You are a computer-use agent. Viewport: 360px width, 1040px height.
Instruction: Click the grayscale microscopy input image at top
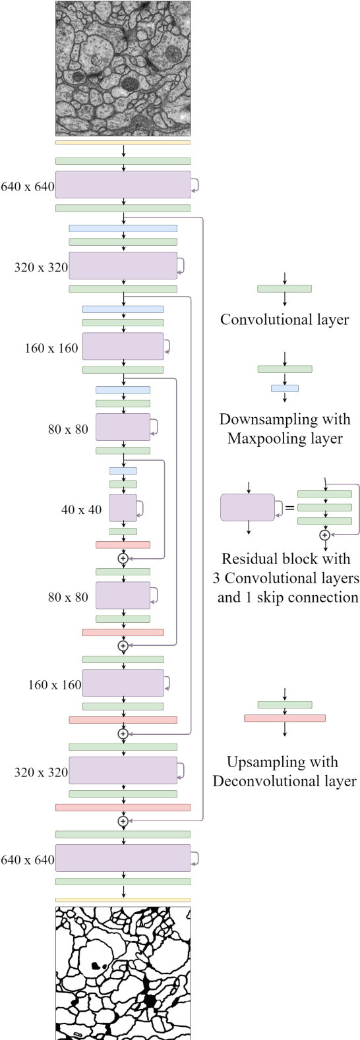[x=123, y=69]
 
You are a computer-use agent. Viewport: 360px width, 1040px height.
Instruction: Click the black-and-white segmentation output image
[x=123, y=973]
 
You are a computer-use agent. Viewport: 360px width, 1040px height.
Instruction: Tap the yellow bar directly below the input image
[x=123, y=142]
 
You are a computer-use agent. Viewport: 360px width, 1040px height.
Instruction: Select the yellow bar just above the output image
[x=123, y=900]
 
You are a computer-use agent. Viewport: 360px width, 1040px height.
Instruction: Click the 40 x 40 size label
[x=81, y=509]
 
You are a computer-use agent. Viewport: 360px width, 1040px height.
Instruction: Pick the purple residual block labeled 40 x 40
[x=123, y=508]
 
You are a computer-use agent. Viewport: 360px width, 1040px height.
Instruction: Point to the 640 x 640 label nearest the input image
[x=28, y=187]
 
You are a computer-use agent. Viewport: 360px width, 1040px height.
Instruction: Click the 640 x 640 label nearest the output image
[x=28, y=859]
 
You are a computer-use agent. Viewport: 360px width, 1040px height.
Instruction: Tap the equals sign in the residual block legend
[x=289, y=507]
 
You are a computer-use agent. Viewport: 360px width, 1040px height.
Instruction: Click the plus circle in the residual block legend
[x=324, y=535]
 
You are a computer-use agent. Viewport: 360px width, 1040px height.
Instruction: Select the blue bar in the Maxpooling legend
[x=285, y=389]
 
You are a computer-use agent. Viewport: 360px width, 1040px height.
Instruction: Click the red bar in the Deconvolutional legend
[x=285, y=718]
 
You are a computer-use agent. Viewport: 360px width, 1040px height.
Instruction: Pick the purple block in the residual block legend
[x=247, y=507]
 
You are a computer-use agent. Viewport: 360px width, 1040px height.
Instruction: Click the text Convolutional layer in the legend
[x=284, y=320]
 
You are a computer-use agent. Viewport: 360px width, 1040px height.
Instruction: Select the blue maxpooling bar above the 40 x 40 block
[x=123, y=471]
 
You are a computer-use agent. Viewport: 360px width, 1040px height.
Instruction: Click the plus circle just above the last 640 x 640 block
[x=123, y=821]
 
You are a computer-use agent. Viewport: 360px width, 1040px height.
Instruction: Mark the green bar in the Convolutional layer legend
[x=284, y=289]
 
